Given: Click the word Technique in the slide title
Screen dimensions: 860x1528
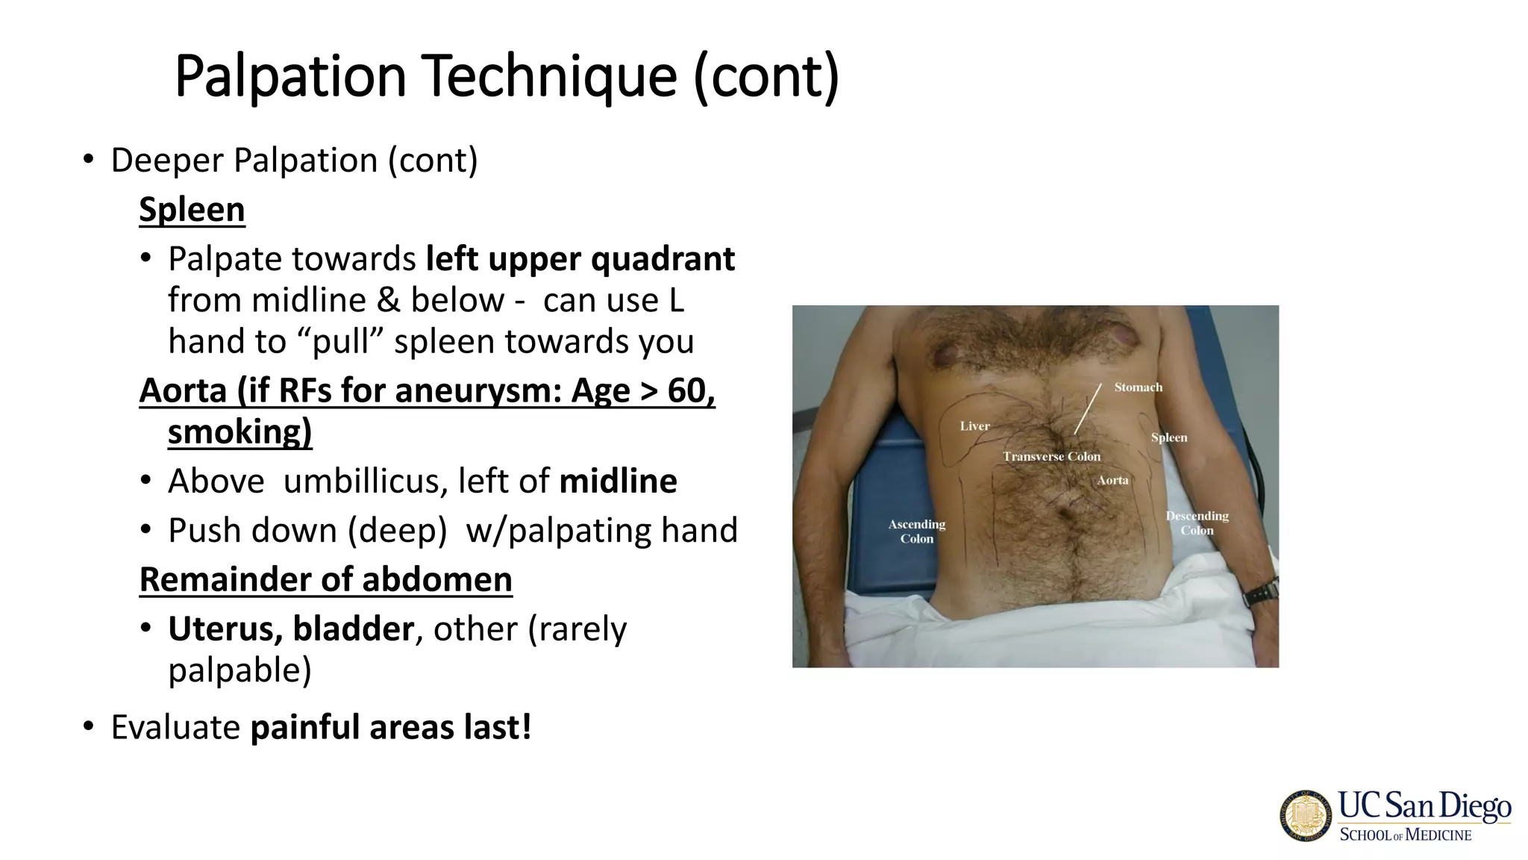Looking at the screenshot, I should click(550, 76).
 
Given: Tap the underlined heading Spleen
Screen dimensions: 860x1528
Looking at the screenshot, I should click(192, 210).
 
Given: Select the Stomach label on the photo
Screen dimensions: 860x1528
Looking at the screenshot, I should click(1138, 387).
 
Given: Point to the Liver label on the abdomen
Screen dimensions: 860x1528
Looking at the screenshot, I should click(974, 426).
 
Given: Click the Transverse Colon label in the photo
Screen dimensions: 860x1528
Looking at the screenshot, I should click(1051, 457).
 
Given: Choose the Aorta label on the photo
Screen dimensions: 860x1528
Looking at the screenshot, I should click(1112, 481).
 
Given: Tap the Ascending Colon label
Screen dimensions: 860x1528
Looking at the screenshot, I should click(917, 532).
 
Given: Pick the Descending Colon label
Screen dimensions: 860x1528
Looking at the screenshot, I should click(1197, 523).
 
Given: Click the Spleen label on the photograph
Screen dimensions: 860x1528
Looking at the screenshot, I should click(1168, 438).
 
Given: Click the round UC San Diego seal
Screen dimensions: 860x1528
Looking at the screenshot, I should click(1306, 816).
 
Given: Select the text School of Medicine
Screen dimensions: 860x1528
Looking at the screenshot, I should click(1406, 835).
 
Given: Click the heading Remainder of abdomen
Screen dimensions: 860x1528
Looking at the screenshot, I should click(326, 580).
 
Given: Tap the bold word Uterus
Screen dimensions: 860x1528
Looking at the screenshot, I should click(224, 629).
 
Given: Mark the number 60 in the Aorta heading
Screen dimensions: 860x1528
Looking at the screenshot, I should click(686, 391).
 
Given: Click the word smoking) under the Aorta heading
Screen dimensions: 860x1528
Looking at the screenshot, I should click(239, 432).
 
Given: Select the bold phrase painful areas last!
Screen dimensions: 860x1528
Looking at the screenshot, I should click(391, 728).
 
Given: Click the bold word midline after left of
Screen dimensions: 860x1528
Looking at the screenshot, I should click(618, 482).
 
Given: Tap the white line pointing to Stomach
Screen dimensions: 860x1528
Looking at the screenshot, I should click(1088, 408).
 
